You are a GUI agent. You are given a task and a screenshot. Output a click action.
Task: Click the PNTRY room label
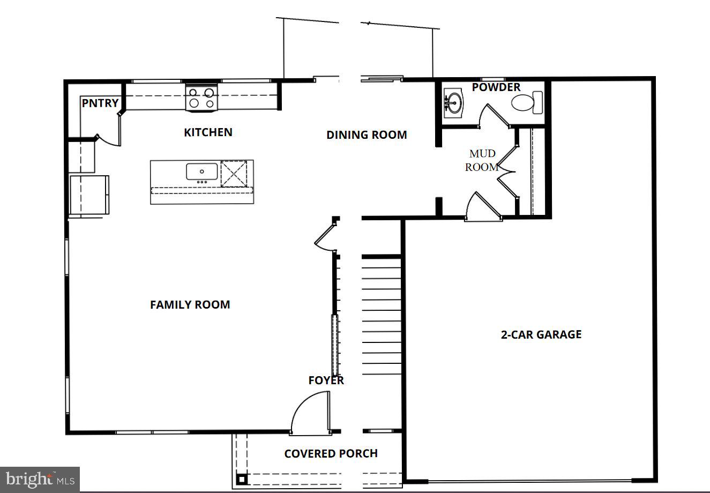(x=100, y=103)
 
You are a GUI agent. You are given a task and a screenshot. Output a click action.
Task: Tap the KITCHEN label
(x=208, y=132)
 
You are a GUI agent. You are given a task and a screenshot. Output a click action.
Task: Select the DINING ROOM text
(x=367, y=135)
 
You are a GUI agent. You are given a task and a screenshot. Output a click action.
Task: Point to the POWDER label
(x=496, y=87)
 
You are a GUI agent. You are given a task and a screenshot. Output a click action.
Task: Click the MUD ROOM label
(x=482, y=160)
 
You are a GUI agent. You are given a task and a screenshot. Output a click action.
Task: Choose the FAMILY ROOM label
(x=190, y=305)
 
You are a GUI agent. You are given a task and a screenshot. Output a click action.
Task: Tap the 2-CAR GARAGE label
(x=541, y=334)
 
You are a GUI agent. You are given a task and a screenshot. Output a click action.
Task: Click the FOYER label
(x=326, y=380)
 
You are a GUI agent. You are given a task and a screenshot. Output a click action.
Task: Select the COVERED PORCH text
(x=331, y=454)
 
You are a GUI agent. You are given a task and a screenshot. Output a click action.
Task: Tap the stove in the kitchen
(x=202, y=98)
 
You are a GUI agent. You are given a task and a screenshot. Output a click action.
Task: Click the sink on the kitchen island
(x=201, y=171)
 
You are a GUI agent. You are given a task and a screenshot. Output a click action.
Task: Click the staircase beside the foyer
(x=382, y=316)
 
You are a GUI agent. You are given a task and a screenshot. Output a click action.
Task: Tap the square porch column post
(x=242, y=479)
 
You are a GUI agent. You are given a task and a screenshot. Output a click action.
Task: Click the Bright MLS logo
(x=40, y=479)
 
